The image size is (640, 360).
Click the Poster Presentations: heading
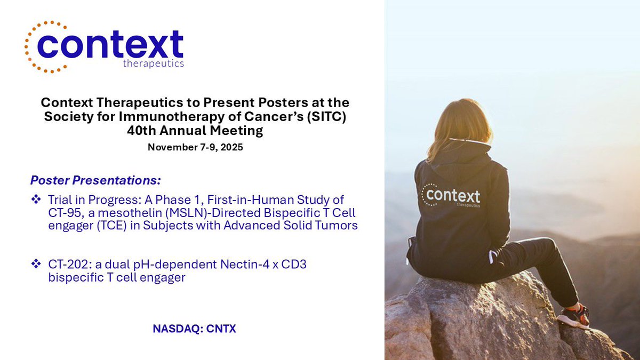pyautogui.click(x=95, y=179)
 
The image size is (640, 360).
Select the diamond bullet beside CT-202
pyautogui.click(x=36, y=263)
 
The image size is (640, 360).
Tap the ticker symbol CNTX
pyautogui.click(x=218, y=329)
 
